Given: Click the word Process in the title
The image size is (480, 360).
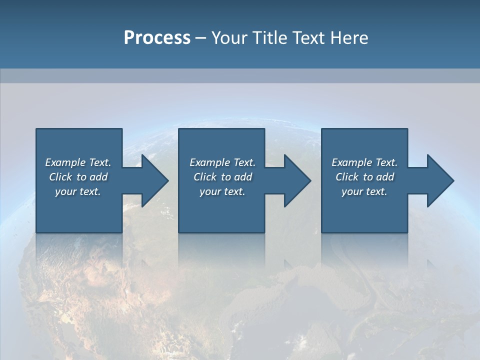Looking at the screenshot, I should (157, 38).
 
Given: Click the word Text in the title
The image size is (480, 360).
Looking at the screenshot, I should (308, 38).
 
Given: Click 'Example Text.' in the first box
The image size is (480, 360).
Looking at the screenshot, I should (78, 162).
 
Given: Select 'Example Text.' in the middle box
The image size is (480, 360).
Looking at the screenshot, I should (222, 162).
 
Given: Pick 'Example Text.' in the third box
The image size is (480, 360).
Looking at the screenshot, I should (364, 162).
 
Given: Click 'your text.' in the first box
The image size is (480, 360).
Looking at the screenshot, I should (78, 191).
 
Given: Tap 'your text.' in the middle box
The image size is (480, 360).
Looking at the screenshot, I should (222, 191).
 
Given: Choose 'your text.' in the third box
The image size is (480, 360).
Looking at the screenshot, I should (364, 191).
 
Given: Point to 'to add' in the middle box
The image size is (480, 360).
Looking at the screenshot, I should (236, 177).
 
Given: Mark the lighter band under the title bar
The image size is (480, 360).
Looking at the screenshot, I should (240, 75).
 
